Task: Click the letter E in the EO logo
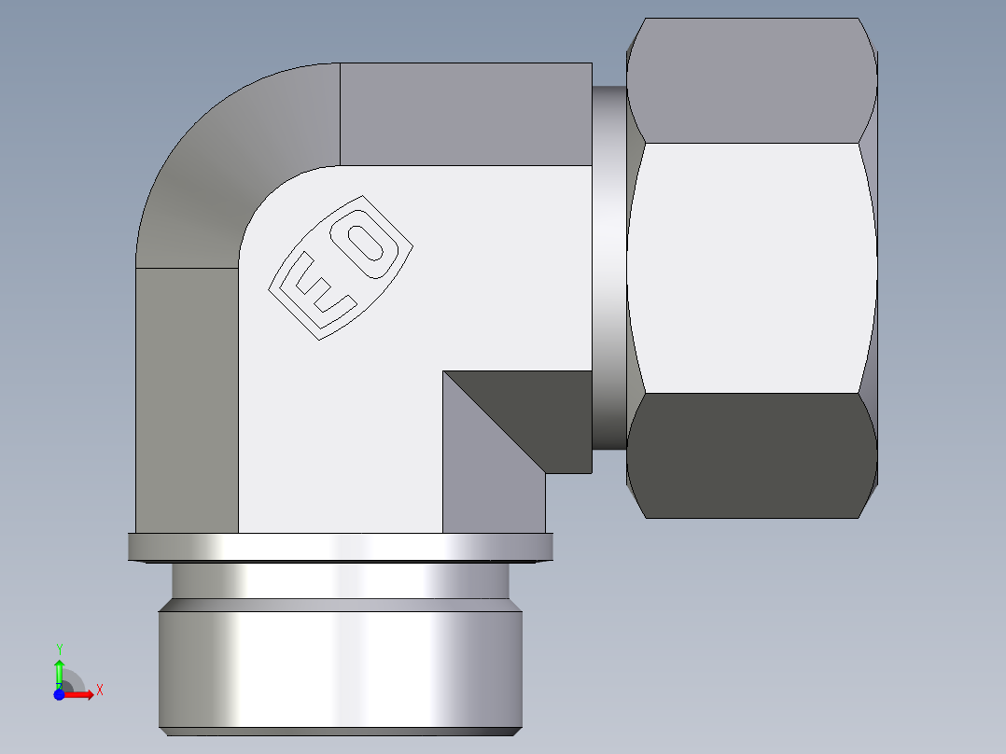click(x=317, y=289)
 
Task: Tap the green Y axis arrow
click(x=59, y=671)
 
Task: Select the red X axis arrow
click(x=80, y=694)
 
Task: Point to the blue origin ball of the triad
click(x=59, y=694)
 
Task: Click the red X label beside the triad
click(x=99, y=691)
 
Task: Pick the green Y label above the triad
click(x=59, y=649)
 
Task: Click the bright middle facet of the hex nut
click(x=751, y=267)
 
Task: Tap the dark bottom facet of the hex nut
click(x=751, y=455)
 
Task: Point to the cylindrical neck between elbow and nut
click(x=609, y=266)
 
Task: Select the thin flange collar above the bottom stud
click(x=341, y=547)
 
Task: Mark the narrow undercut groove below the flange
click(x=341, y=580)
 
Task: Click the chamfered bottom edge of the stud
click(x=341, y=732)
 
